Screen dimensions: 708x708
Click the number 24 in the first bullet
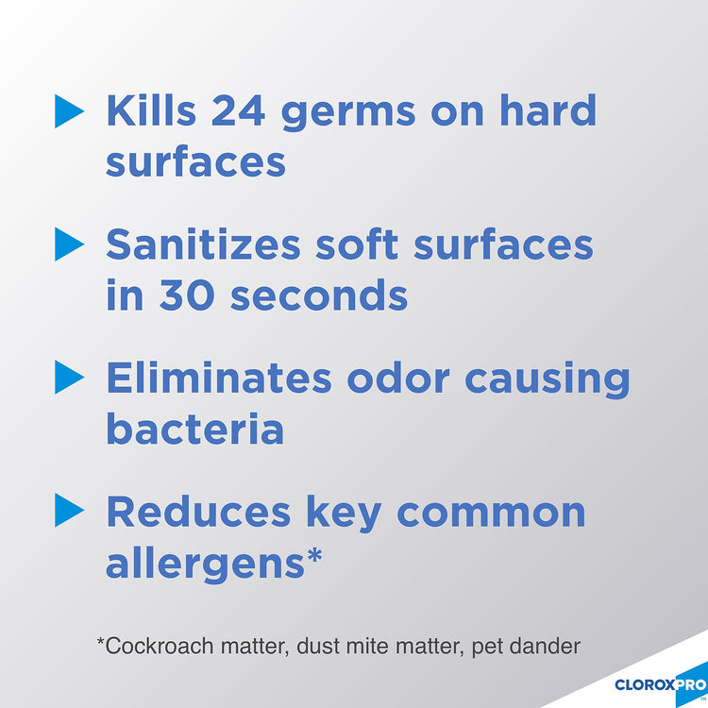pyautogui.click(x=238, y=110)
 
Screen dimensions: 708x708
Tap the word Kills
pyautogui.click(x=151, y=110)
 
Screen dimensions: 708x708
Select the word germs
pyautogui.click(x=348, y=115)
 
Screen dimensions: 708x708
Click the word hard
pyautogui.click(x=548, y=110)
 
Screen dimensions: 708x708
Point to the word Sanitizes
pyautogui.click(x=203, y=244)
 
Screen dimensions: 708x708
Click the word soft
pyautogui.click(x=357, y=244)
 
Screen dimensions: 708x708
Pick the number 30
pyautogui.click(x=187, y=295)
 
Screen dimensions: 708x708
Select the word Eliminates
pyautogui.click(x=219, y=377)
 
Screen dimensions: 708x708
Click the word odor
pyautogui.click(x=398, y=377)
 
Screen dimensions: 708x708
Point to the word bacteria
pyautogui.click(x=195, y=428)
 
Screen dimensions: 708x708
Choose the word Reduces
pyautogui.click(x=198, y=512)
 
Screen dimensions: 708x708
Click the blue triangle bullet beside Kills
pyautogui.click(x=69, y=111)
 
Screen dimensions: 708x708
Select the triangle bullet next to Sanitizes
pyautogui.click(x=69, y=244)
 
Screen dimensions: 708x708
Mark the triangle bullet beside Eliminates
pyautogui.click(x=69, y=377)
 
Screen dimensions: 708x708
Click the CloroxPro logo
pyautogui.click(x=661, y=684)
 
